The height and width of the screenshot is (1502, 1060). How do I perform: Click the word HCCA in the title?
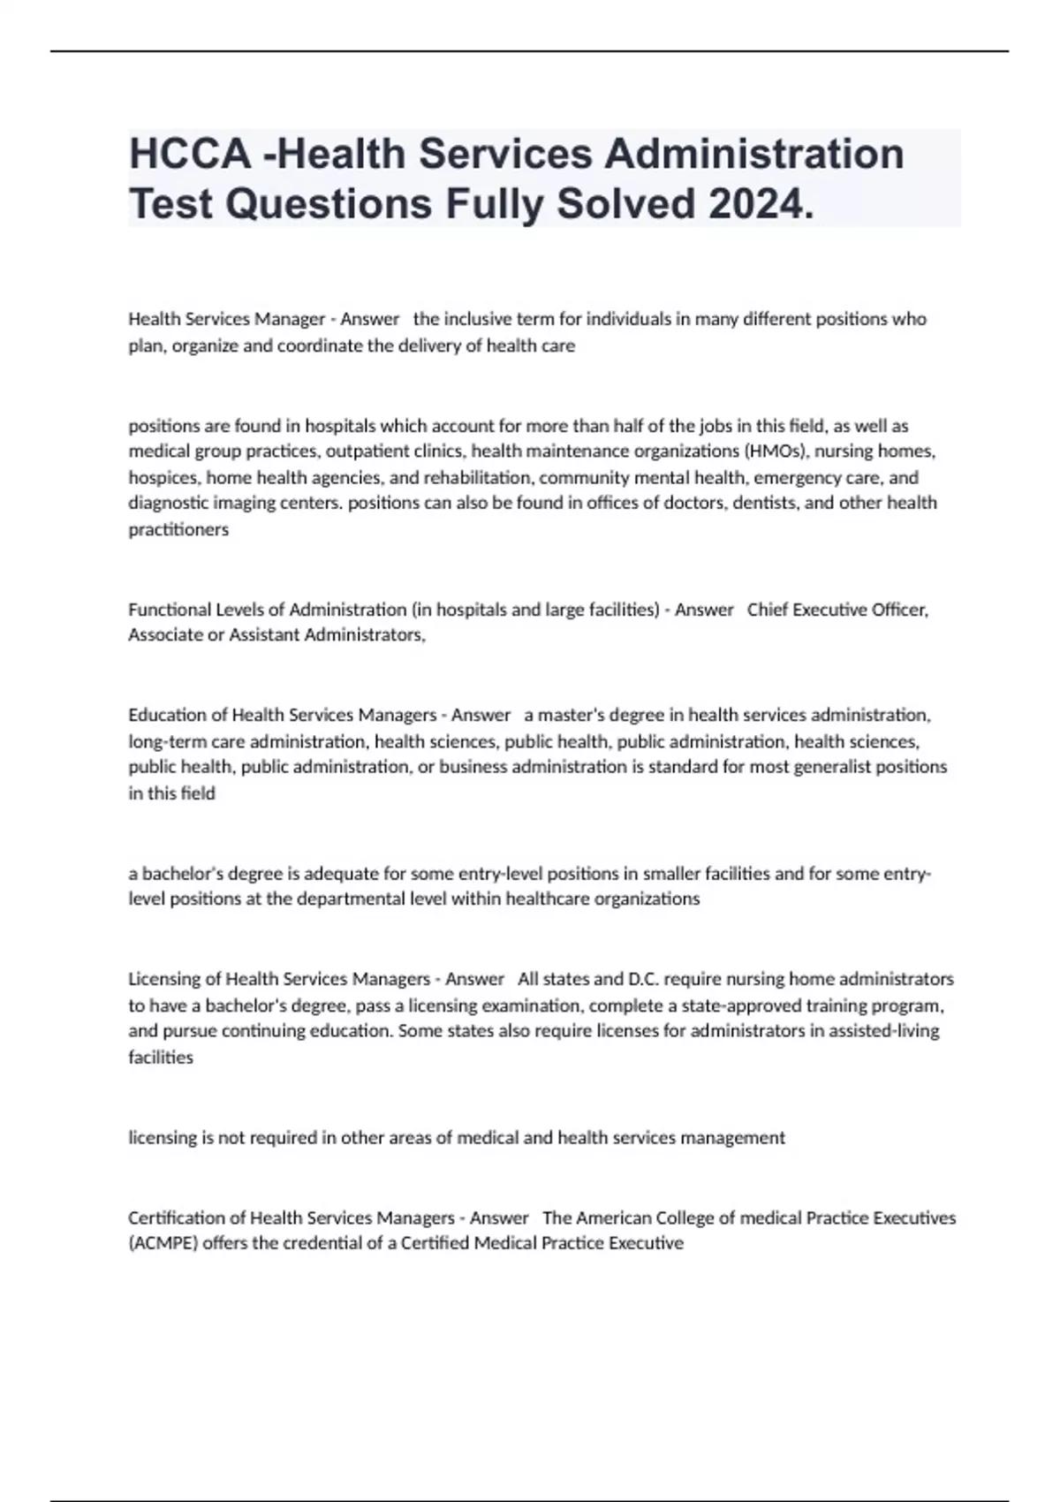point(190,155)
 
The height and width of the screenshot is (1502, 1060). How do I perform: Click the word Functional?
point(170,610)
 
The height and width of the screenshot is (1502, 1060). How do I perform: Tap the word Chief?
point(768,610)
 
